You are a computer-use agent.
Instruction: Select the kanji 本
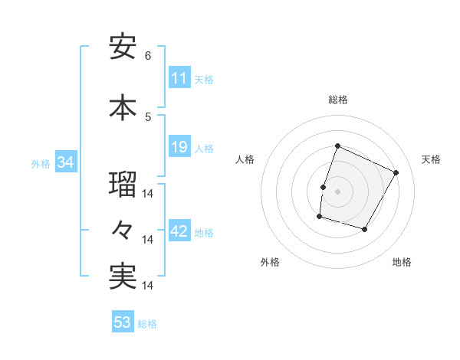(123, 107)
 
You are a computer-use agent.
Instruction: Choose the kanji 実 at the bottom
(123, 277)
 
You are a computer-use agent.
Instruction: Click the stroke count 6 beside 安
(148, 56)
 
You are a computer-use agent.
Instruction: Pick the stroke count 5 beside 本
(148, 116)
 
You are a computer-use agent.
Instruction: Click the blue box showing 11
(179, 78)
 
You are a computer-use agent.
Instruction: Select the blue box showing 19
(179, 147)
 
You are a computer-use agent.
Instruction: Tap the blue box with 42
(179, 232)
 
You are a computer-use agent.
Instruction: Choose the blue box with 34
(65, 162)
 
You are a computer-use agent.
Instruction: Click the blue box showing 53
(123, 322)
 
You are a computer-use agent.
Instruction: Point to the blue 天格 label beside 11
(204, 79)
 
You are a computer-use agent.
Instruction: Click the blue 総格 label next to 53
(147, 323)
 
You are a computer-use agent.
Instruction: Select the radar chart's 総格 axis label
(337, 100)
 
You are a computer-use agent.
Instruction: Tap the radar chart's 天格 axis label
(431, 159)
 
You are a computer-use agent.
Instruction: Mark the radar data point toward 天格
(396, 172)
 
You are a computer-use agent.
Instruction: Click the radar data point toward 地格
(365, 229)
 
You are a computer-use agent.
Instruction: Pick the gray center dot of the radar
(337, 191)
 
